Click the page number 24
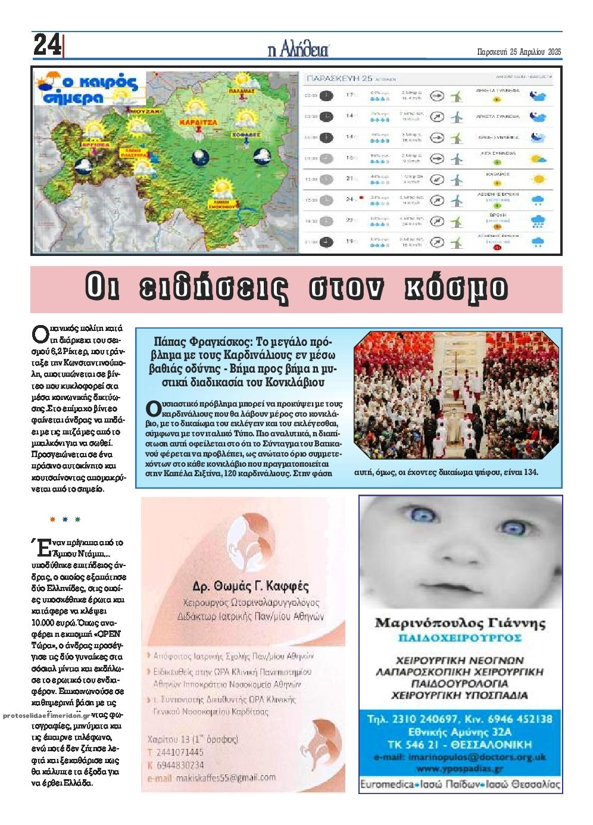[47, 45]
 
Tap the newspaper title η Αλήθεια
[298, 50]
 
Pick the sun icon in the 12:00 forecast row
[538, 179]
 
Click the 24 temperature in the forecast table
[350, 199]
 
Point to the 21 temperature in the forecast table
[350, 179]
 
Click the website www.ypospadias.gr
[460, 768]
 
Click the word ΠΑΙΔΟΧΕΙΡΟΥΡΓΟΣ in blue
[460, 638]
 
